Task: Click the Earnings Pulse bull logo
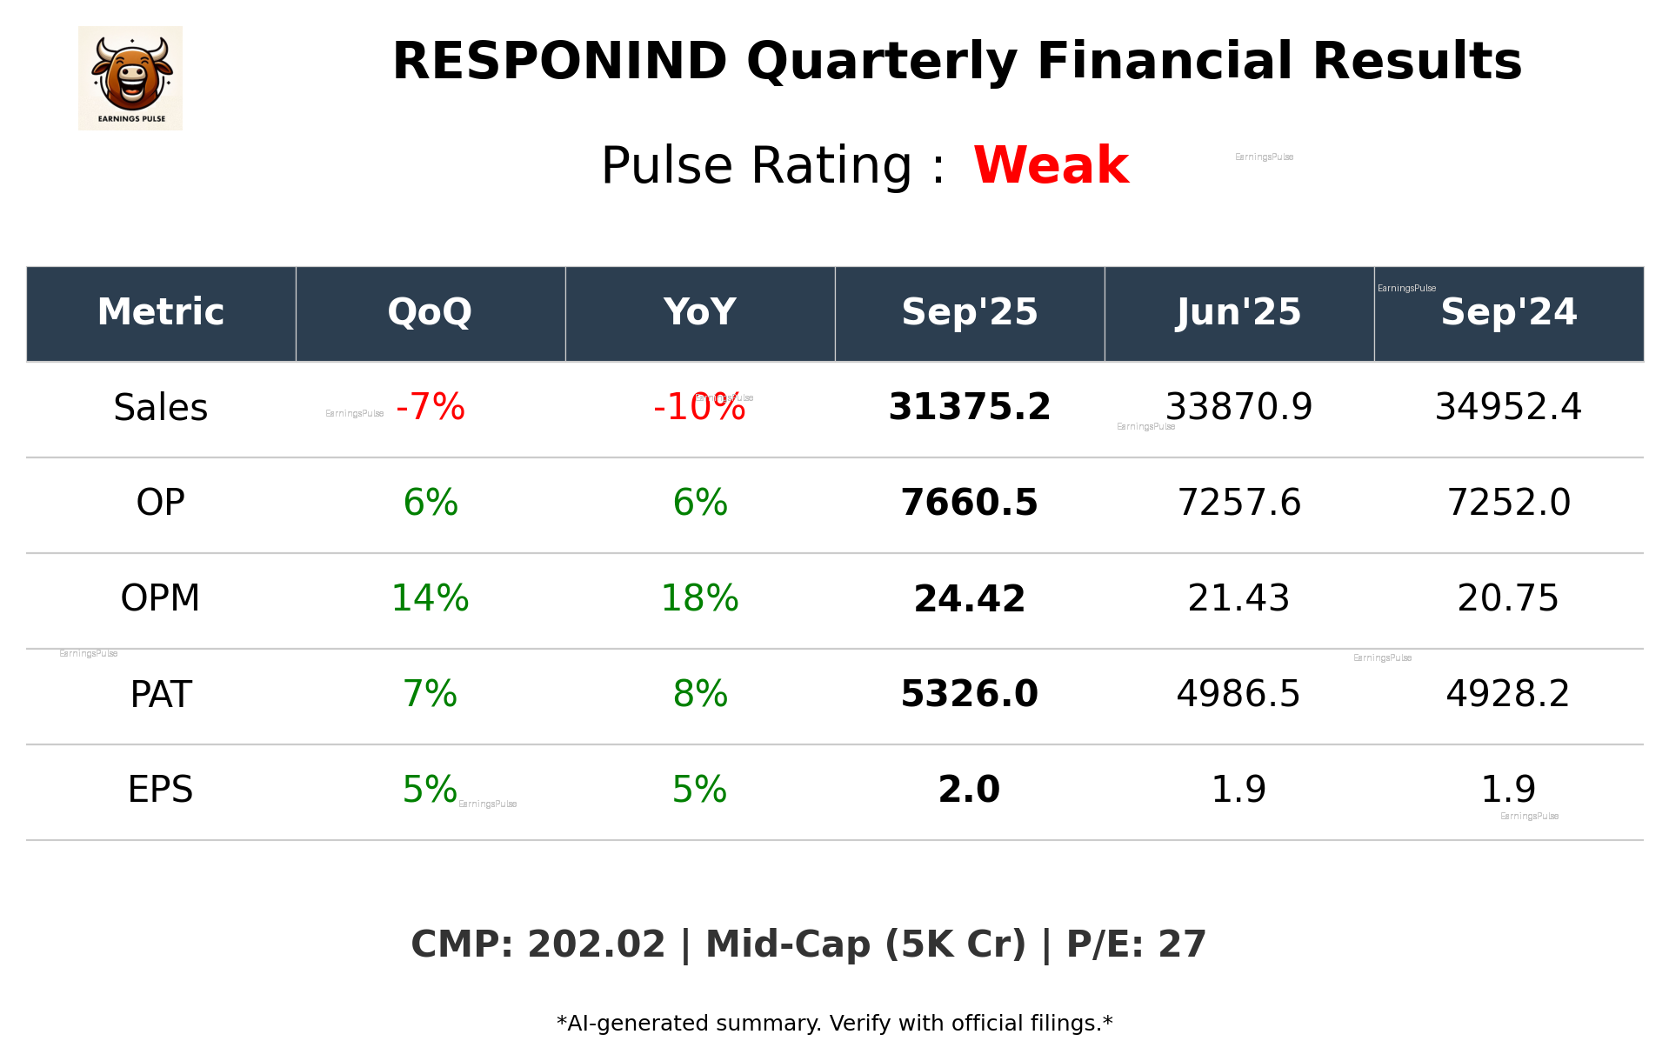coord(130,78)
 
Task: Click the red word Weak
coord(1051,165)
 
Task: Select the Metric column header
coord(161,312)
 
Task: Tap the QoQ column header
coord(430,312)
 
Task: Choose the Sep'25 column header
coord(969,312)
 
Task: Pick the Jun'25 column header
coord(1238,312)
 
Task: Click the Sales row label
coord(161,408)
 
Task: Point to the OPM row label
coord(160,598)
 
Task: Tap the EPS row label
coord(160,790)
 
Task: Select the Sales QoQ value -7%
coord(431,407)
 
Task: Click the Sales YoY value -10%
coord(699,407)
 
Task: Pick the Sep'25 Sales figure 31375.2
coord(969,407)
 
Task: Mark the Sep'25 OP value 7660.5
coord(969,503)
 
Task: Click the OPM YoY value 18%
coord(699,598)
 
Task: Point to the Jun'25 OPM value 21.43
coord(1238,598)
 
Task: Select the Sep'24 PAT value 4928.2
coord(1507,694)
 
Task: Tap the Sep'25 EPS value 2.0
coord(969,790)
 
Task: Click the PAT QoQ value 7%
coord(430,694)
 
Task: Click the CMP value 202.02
coord(596,944)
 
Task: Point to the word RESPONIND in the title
coord(559,62)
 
